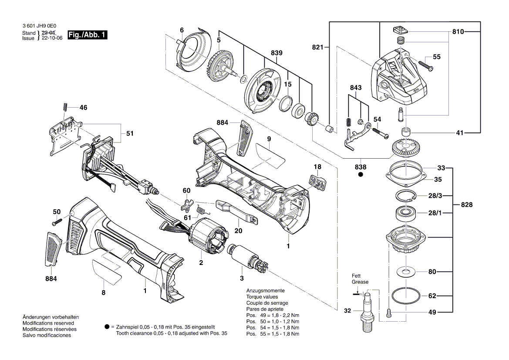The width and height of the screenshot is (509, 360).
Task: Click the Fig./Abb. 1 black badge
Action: [87, 35]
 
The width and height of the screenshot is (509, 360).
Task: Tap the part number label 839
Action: [276, 53]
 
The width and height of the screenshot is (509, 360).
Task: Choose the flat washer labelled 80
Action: [405, 272]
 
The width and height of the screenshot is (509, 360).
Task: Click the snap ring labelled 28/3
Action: [405, 196]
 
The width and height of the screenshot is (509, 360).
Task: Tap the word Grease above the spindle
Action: [360, 282]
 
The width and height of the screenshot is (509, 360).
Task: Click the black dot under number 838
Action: [360, 175]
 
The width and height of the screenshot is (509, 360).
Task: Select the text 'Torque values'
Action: [262, 296]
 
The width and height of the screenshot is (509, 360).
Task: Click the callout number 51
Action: [130, 134]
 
